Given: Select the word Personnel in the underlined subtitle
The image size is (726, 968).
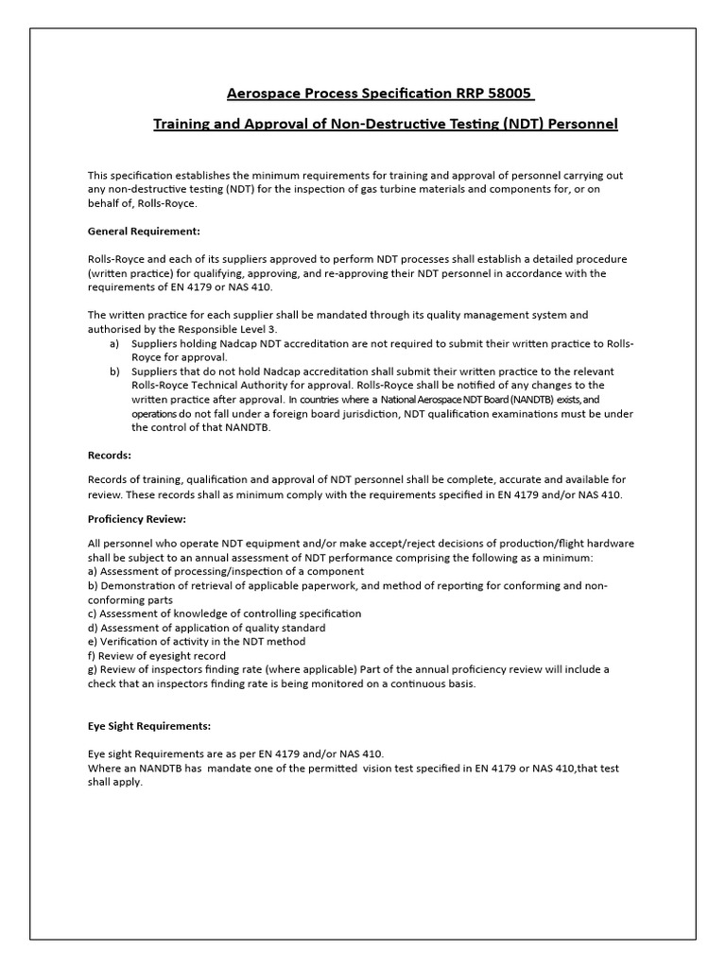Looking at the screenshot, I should [x=582, y=124].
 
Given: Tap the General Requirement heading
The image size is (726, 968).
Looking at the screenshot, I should [x=144, y=231].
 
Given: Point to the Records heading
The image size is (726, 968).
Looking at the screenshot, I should [x=110, y=455].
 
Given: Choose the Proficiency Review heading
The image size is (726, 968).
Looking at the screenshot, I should [x=137, y=519].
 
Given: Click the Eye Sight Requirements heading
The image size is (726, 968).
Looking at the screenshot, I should [x=149, y=726].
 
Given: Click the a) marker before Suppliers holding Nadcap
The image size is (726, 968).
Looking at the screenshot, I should [x=114, y=343].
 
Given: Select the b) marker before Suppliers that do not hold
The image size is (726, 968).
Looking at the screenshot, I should [x=114, y=372].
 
